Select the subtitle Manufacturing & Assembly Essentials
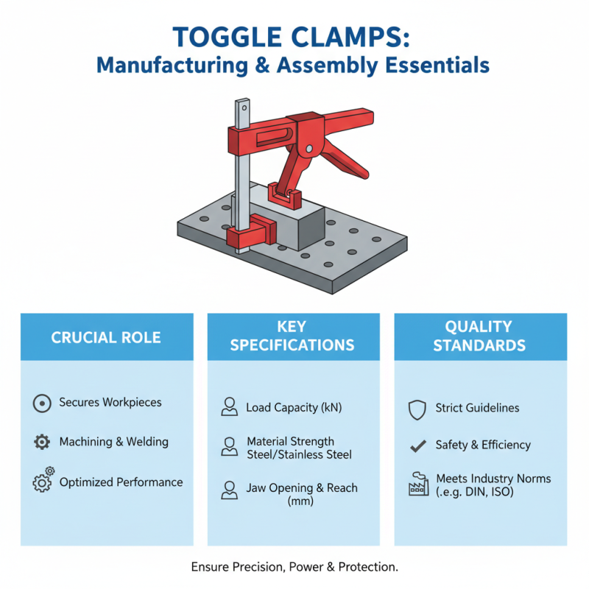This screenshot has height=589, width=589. coord(294,66)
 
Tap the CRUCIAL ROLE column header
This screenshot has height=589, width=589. coord(107,338)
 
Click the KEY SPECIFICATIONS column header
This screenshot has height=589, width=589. coord(292,336)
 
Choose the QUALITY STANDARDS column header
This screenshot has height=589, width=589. coord(479,336)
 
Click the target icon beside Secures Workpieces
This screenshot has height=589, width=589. coord(42,403)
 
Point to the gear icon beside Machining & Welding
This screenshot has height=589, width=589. coord(42,442)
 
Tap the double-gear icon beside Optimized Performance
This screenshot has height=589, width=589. coord(43,482)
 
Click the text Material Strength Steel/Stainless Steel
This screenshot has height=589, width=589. coord(299,448)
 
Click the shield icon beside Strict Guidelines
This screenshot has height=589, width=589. coord(417,408)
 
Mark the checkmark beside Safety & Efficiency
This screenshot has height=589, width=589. coord(417,445)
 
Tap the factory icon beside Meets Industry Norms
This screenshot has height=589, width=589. coord(417,484)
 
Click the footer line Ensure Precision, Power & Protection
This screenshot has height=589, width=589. coord(294,568)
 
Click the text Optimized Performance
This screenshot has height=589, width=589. coord(121,482)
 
